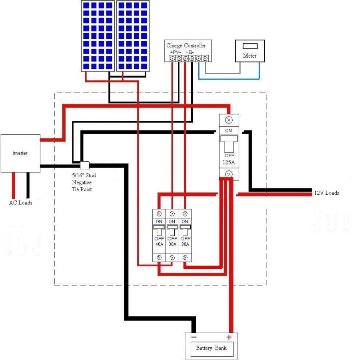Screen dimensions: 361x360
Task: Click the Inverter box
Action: [20, 153]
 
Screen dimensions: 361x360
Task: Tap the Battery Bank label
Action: [211, 348]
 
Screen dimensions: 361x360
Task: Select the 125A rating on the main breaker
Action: [229, 162]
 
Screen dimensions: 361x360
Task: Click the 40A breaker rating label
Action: [159, 244]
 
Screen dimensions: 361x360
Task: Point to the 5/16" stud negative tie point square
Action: [85, 165]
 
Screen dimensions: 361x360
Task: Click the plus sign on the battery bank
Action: [229, 337]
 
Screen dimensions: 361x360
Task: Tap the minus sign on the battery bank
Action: [194, 337]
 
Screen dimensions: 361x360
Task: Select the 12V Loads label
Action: [327, 193]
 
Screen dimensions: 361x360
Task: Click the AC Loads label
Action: [21, 203]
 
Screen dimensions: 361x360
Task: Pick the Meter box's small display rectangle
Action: [250, 46]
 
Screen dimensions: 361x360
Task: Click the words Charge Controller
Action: [186, 45]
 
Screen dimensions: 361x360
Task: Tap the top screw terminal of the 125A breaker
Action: [229, 120]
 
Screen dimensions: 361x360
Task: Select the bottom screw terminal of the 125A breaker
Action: [229, 174]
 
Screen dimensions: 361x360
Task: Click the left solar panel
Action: [98, 36]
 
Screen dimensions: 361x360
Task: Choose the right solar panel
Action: [133, 36]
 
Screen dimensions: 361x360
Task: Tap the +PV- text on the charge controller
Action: [176, 52]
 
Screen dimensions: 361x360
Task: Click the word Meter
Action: [249, 56]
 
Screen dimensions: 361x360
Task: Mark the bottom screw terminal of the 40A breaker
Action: [159, 258]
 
